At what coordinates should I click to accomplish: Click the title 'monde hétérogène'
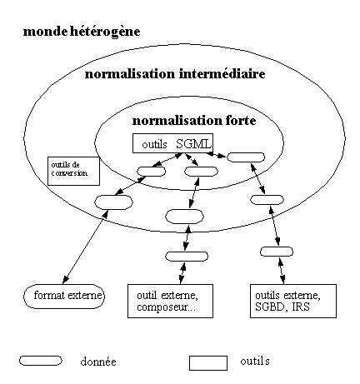pyautogui.click(x=82, y=32)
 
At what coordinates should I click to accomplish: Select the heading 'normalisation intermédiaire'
pyautogui.click(x=175, y=74)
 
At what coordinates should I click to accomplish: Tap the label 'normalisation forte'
pyautogui.click(x=194, y=121)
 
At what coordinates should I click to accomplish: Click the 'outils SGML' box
pyautogui.click(x=172, y=143)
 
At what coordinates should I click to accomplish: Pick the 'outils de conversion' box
pyautogui.click(x=73, y=171)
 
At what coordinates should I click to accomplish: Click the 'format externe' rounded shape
pyautogui.click(x=64, y=296)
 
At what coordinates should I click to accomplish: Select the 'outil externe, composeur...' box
pyautogui.click(x=170, y=301)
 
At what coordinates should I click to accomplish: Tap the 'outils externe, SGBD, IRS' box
pyautogui.click(x=293, y=301)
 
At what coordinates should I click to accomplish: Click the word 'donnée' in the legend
pyautogui.click(x=98, y=362)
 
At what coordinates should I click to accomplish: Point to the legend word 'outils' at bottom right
pyautogui.click(x=255, y=361)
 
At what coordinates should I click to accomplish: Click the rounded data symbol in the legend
pyautogui.click(x=41, y=361)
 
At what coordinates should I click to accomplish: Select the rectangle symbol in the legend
pyautogui.click(x=208, y=363)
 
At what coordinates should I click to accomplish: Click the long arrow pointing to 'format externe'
pyautogui.click(x=86, y=247)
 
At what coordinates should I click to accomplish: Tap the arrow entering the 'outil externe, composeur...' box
pyautogui.click(x=182, y=273)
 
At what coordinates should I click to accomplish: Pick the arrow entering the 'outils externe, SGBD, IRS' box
pyautogui.click(x=282, y=271)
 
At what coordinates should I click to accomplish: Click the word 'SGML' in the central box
pyautogui.click(x=193, y=144)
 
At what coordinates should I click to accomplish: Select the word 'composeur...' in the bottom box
pyautogui.click(x=166, y=307)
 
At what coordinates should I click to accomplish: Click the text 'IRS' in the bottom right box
pyautogui.click(x=301, y=307)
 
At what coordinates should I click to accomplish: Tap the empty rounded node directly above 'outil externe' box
pyautogui.click(x=187, y=257)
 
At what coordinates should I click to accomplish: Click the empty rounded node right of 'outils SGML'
pyautogui.click(x=246, y=157)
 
